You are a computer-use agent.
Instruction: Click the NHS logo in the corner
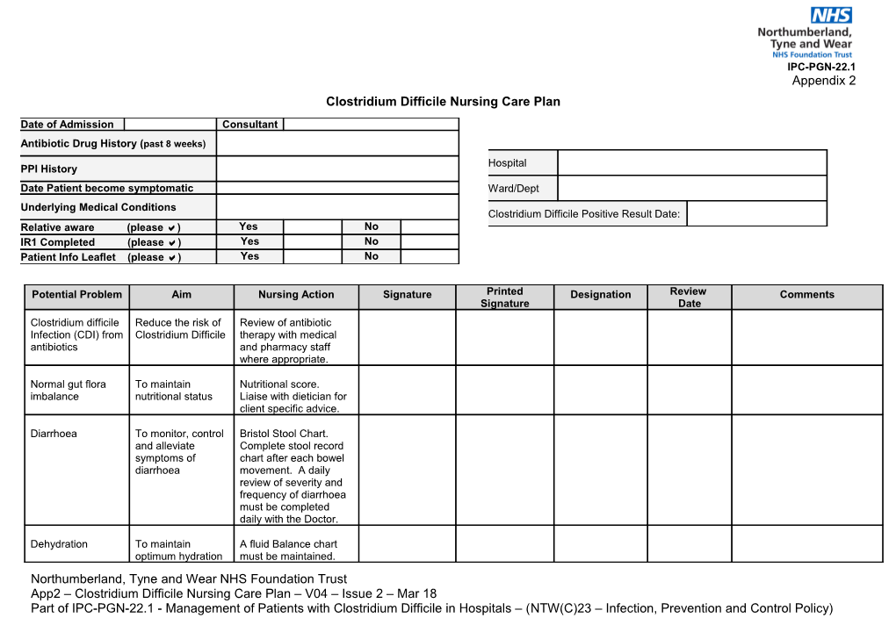pos(830,15)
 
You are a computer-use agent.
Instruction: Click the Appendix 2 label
pos(823,81)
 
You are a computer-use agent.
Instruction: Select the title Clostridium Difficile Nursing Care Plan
pos(443,102)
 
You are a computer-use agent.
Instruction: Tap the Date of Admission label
pos(68,125)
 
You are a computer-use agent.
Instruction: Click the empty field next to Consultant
pos(370,125)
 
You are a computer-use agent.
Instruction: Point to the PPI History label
pos(49,169)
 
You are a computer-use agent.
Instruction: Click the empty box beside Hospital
pos(691,162)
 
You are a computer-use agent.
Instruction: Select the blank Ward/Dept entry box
pos(691,188)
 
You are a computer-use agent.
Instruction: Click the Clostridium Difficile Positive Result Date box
pos(755,213)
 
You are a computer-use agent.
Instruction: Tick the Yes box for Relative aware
pos(312,227)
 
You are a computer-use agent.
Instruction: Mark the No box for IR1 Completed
pos(429,241)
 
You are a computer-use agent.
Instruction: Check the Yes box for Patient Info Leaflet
pos(312,256)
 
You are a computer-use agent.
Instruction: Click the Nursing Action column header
pos(296,295)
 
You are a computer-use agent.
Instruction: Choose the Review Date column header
pos(689,297)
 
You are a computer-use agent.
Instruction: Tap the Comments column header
pos(806,295)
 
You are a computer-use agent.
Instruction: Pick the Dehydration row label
pos(59,544)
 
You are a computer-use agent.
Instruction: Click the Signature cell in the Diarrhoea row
pos(407,470)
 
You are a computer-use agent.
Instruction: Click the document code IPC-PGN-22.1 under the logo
pos(820,67)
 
